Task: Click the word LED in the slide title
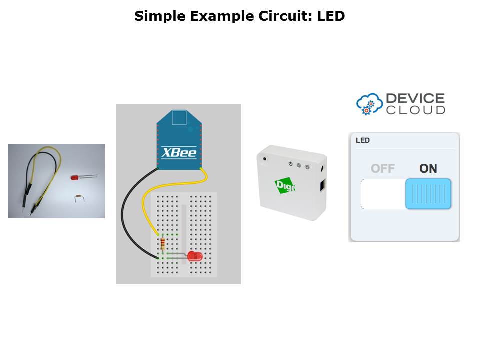point(331,16)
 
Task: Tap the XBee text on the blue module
point(179,152)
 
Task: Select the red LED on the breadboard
point(194,257)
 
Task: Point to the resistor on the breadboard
point(162,244)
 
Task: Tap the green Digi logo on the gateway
point(285,187)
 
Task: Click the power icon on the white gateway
point(290,163)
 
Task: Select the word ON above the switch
point(428,169)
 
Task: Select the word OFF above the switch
point(383,169)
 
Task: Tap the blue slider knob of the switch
point(428,194)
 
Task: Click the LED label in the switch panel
point(363,140)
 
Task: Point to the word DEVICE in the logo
point(415,98)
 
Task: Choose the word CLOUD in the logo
point(415,110)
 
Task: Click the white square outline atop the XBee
point(179,118)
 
